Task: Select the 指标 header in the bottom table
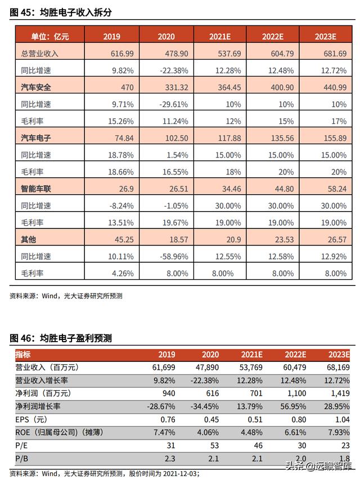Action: [x=23, y=355]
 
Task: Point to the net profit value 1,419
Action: [x=340, y=393]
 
